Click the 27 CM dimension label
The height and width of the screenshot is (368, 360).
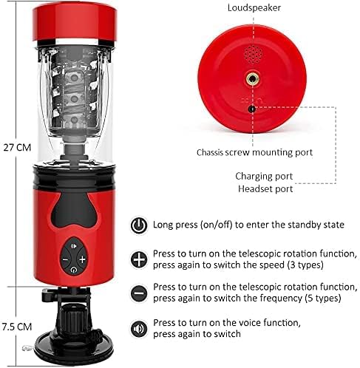pos(17,148)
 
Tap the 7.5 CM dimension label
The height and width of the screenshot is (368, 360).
pos(17,327)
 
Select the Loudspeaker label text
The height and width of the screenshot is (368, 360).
pos(254,8)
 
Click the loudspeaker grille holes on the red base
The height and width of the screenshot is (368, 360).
pos(253,54)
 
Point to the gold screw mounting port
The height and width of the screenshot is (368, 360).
pos(252,79)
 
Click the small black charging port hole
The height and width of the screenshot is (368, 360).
pos(251,109)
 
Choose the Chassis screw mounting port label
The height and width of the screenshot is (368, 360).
pos(254,152)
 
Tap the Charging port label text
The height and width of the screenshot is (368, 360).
pos(264,177)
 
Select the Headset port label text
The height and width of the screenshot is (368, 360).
pos(265,189)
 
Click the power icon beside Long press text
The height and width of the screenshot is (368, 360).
pos(139,225)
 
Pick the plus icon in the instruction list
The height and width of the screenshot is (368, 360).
pos(139,259)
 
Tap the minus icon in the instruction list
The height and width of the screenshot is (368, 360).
pos(139,293)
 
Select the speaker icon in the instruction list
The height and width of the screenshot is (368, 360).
pos(139,329)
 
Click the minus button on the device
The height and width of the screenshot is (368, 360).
pos(65,259)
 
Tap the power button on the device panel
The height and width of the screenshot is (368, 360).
pos(73,270)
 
